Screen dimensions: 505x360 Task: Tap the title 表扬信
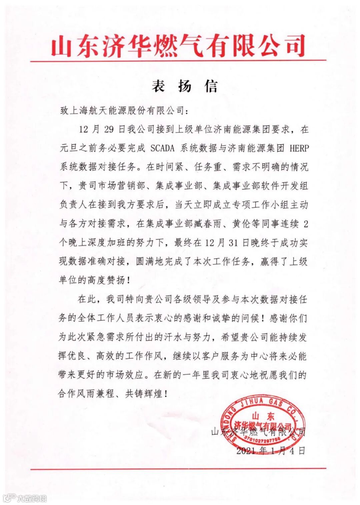click(x=185, y=86)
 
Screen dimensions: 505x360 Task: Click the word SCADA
click(x=163, y=148)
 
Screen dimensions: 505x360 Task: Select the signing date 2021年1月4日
click(x=271, y=451)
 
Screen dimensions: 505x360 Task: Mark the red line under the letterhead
click(x=178, y=61)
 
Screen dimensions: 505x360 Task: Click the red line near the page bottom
click(x=178, y=469)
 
